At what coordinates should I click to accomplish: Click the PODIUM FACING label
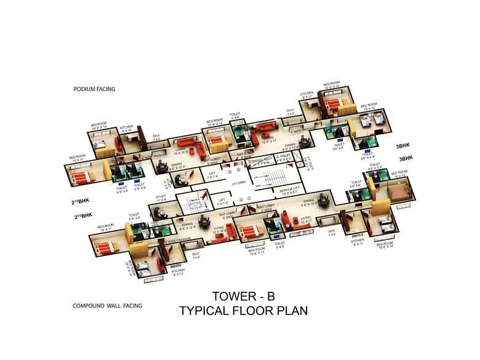pyautogui.click(x=94, y=89)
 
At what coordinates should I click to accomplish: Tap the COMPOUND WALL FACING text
pyautogui.click(x=107, y=306)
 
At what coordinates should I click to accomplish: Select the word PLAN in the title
pyautogui.click(x=287, y=311)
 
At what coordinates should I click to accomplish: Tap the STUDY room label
pyautogui.click(x=162, y=198)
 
